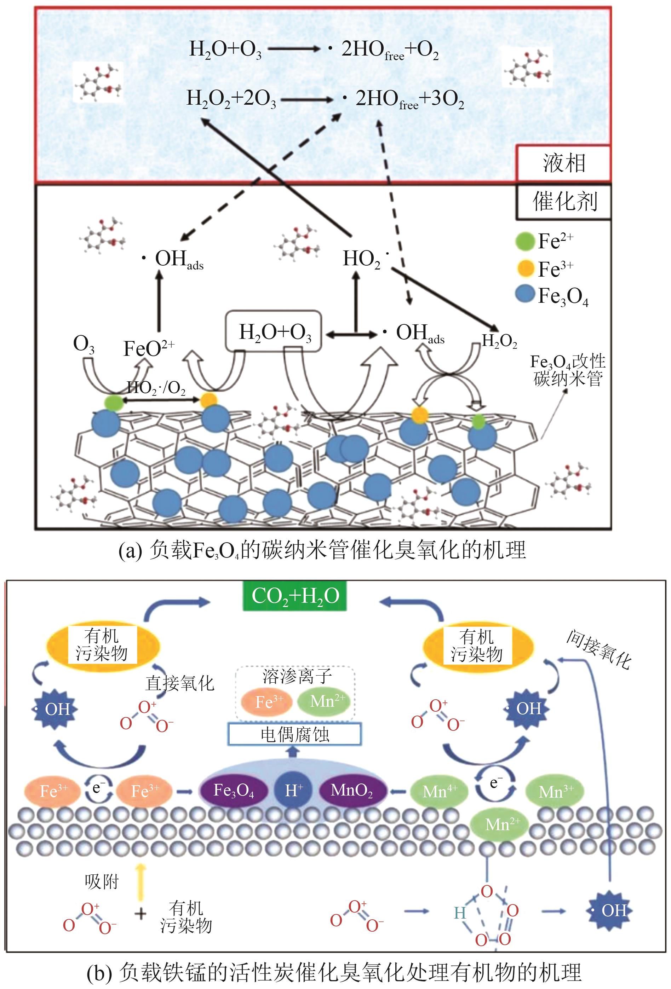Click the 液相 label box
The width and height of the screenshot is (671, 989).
[x=563, y=163]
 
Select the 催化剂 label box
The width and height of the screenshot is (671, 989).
[x=564, y=202]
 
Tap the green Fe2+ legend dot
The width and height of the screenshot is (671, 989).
[x=524, y=241]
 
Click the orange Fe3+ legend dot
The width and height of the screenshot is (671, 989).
[x=524, y=268]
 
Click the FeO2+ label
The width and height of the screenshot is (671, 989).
[x=149, y=348]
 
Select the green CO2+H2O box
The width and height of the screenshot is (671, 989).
[x=295, y=596]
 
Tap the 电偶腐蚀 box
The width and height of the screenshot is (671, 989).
[x=295, y=734]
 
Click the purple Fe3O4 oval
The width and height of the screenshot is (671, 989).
[x=234, y=790]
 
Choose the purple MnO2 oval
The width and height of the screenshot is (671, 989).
[x=352, y=790]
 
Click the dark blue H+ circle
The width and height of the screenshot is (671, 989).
[x=294, y=790]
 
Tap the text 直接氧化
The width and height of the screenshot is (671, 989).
[x=180, y=683]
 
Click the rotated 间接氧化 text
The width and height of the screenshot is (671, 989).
[x=598, y=650]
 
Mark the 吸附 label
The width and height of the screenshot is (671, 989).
[x=101, y=882]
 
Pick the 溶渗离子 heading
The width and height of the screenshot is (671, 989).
[x=297, y=676]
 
